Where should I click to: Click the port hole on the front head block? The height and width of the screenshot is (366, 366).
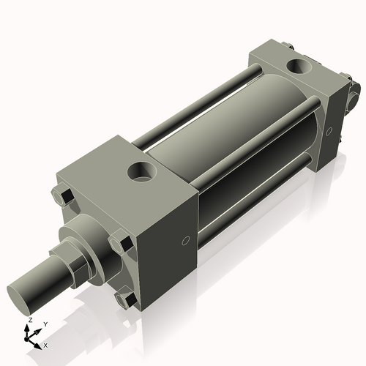click(x=141, y=172)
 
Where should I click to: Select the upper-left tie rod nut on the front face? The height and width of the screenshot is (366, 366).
click(x=61, y=195)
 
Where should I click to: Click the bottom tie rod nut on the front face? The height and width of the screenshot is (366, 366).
click(x=125, y=298)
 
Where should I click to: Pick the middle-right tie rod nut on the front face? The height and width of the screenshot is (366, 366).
click(x=119, y=243)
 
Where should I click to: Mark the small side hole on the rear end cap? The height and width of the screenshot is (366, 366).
click(x=329, y=132)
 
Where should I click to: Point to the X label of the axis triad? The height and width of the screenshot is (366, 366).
click(x=45, y=344)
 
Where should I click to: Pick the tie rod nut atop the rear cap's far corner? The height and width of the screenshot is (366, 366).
click(x=289, y=47)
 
